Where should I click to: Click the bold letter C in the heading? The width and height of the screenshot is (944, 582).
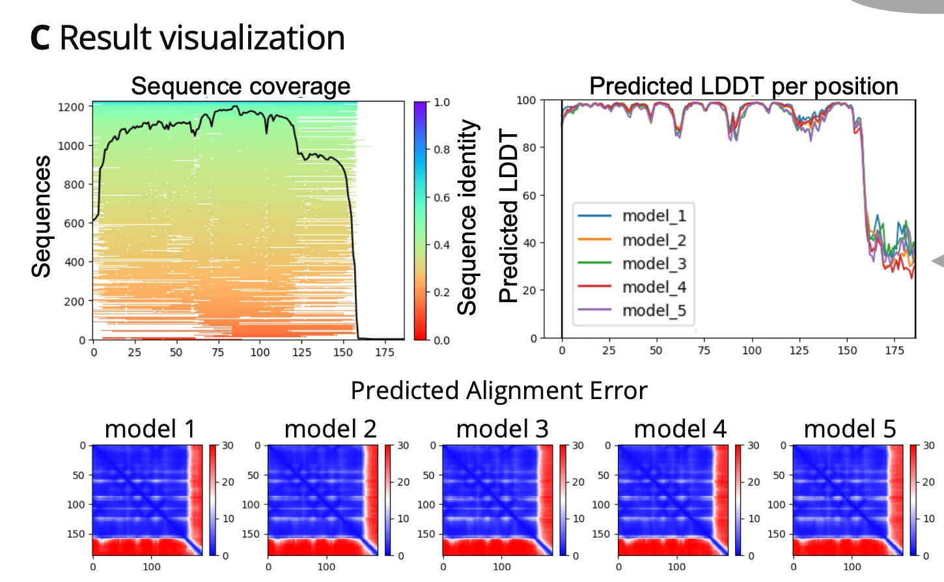coord(40,38)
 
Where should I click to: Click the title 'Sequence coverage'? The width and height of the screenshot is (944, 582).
coord(241,86)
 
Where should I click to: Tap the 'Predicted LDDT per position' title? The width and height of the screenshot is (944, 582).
coord(743,86)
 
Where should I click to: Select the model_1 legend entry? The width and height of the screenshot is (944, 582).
coord(633,215)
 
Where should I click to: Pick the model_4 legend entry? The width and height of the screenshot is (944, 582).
coord(633,287)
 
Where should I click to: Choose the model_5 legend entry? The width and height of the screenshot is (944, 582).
coord(633,311)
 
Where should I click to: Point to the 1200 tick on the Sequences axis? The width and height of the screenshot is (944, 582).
coord(71,107)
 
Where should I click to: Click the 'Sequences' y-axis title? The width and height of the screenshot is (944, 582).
coord(41,217)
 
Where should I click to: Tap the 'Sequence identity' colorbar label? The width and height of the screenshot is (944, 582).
coord(467,217)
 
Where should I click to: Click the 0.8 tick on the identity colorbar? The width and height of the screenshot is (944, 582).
coord(441,150)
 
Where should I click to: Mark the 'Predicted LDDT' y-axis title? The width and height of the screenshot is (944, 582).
coord(508,216)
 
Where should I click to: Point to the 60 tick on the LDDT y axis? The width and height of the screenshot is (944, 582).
coord(529,195)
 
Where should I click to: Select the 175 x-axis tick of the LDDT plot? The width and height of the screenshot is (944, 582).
coord(895,351)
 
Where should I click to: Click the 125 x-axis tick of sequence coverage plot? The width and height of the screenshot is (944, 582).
coord(301,352)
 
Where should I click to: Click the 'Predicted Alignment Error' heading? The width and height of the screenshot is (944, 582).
coord(499,390)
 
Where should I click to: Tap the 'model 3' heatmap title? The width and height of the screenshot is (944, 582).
coord(503,429)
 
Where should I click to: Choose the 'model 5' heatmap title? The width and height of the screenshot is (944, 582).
coord(850,429)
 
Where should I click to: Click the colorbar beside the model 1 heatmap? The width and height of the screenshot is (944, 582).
coord(212,500)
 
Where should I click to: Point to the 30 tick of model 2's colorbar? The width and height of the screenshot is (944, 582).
coord(403,445)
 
